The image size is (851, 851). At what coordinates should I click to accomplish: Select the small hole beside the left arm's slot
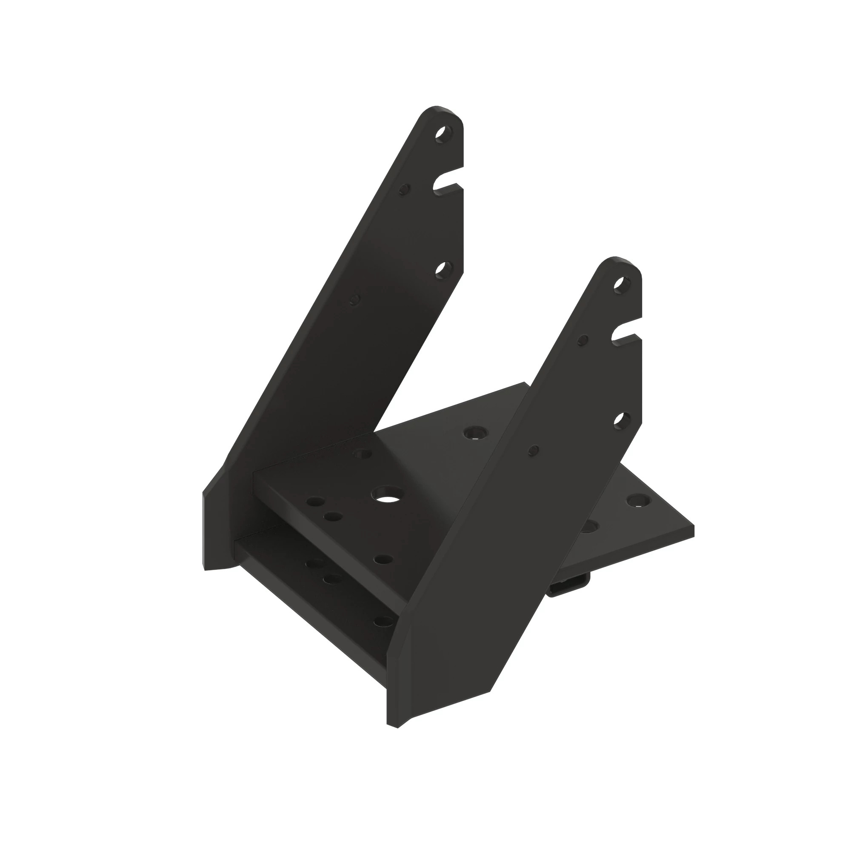404,189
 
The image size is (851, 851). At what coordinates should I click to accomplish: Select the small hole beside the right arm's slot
583,340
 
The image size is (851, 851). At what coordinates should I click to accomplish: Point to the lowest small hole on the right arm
534,450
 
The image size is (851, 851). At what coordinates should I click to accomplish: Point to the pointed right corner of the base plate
693,526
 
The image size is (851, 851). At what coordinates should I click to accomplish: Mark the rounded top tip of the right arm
615,259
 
